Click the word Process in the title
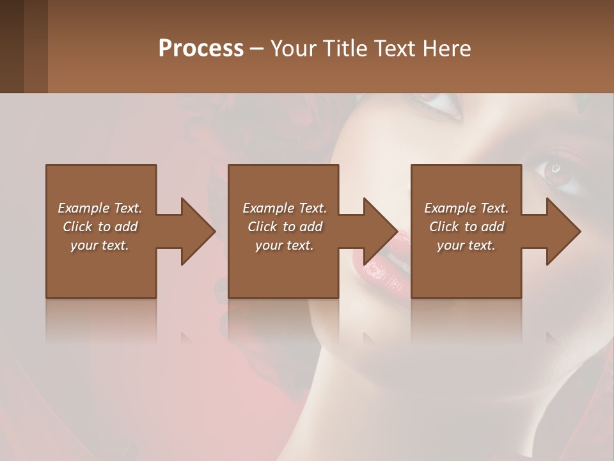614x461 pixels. [201, 48]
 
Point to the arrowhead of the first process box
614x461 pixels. [198, 231]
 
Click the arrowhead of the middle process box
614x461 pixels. [381, 231]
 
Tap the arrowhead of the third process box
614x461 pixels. [563, 231]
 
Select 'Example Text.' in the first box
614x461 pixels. [100, 208]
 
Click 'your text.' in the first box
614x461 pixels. [100, 245]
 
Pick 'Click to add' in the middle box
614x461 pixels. [285, 227]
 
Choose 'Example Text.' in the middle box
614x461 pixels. [285, 208]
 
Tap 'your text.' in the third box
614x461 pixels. [466, 245]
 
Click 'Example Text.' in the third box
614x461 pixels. [466, 208]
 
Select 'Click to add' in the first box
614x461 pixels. [100, 227]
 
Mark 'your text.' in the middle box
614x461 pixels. [285, 245]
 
